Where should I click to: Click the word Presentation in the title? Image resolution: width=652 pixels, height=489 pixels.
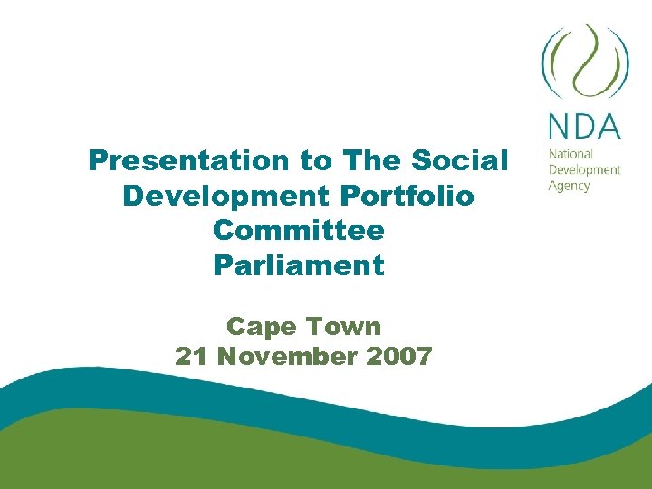187,161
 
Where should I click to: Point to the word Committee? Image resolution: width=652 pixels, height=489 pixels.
298,230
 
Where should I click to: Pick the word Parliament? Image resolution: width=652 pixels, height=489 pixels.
298,265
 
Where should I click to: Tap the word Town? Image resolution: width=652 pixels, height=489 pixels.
344,325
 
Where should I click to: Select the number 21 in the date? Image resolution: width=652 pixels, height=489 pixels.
191,356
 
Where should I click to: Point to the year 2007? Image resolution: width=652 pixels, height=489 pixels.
399,356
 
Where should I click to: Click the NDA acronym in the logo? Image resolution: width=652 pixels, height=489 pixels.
584,125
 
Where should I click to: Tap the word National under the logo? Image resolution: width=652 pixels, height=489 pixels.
570,154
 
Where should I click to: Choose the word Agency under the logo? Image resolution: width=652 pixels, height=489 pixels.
569,186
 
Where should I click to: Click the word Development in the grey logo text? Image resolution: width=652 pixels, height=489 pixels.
584,169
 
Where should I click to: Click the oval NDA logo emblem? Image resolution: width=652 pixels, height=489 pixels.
584,62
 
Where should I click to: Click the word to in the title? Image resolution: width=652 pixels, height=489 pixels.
316,161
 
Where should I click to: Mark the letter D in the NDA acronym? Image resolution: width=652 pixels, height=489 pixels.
584,125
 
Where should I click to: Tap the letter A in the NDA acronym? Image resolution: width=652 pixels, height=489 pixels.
609,125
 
